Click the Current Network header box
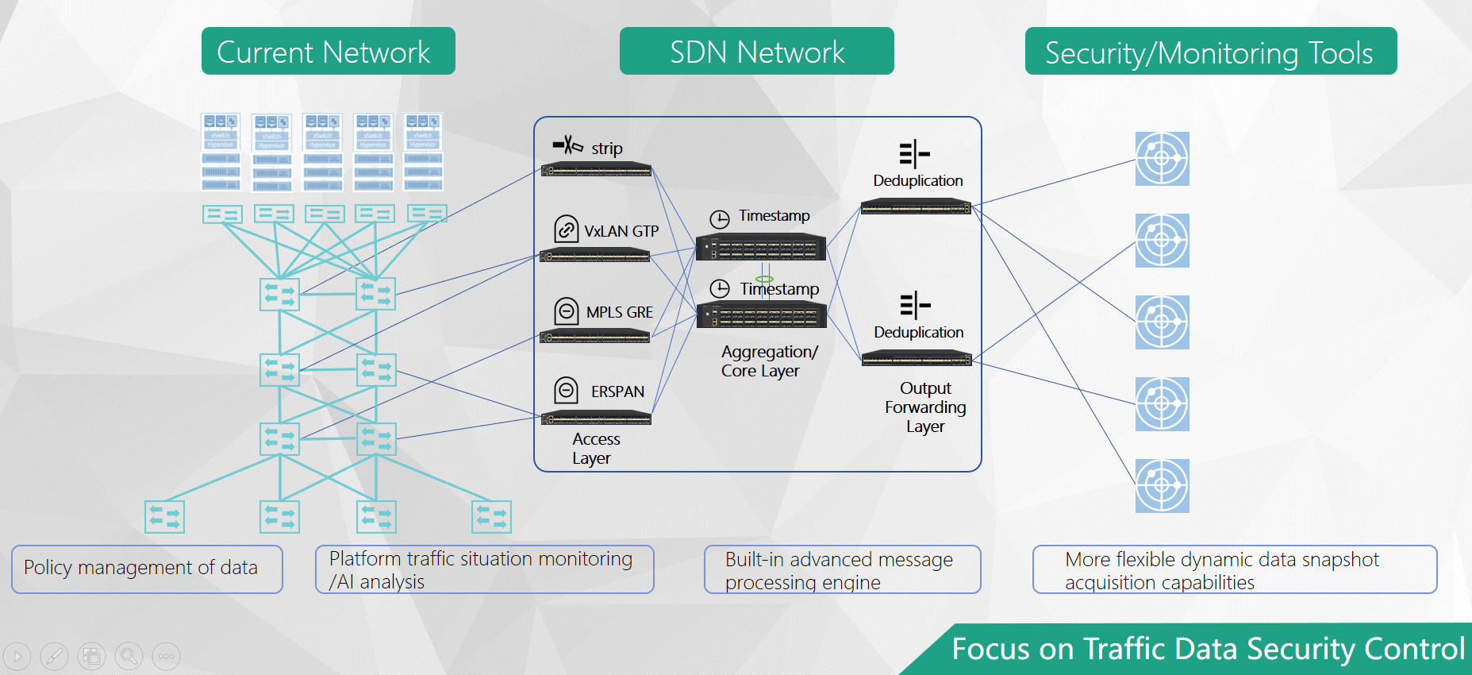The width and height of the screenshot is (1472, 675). pos(328,52)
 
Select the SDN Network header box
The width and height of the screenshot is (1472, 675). pos(756,52)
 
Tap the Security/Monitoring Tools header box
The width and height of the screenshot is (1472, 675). pos(1210,52)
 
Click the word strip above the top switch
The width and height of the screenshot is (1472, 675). pos(607,148)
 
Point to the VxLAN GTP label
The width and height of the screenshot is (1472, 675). pos(621,231)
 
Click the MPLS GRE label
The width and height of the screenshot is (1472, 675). pos(619,312)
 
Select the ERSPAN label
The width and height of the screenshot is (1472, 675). pos(617,391)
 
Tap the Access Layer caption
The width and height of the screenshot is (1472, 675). pos(595,449)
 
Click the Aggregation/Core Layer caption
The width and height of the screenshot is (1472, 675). pos(768,361)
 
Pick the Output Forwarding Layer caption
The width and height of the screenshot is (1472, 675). pos(925,407)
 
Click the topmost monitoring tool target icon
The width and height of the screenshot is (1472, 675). pos(1162,159)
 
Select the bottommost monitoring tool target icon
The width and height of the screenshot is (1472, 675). pos(1162,486)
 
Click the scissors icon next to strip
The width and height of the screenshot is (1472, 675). pos(568,145)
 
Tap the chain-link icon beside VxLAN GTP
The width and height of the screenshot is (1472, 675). pos(566,229)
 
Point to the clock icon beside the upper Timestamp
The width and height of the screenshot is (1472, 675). pos(720,219)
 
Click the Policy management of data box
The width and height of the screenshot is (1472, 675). pos(147,569)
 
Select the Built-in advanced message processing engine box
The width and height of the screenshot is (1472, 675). pos(842,569)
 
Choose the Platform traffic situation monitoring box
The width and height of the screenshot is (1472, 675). pos(484,569)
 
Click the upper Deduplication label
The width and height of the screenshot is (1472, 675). pos(918,180)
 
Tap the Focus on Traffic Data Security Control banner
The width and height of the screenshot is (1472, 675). pos(1206,649)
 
